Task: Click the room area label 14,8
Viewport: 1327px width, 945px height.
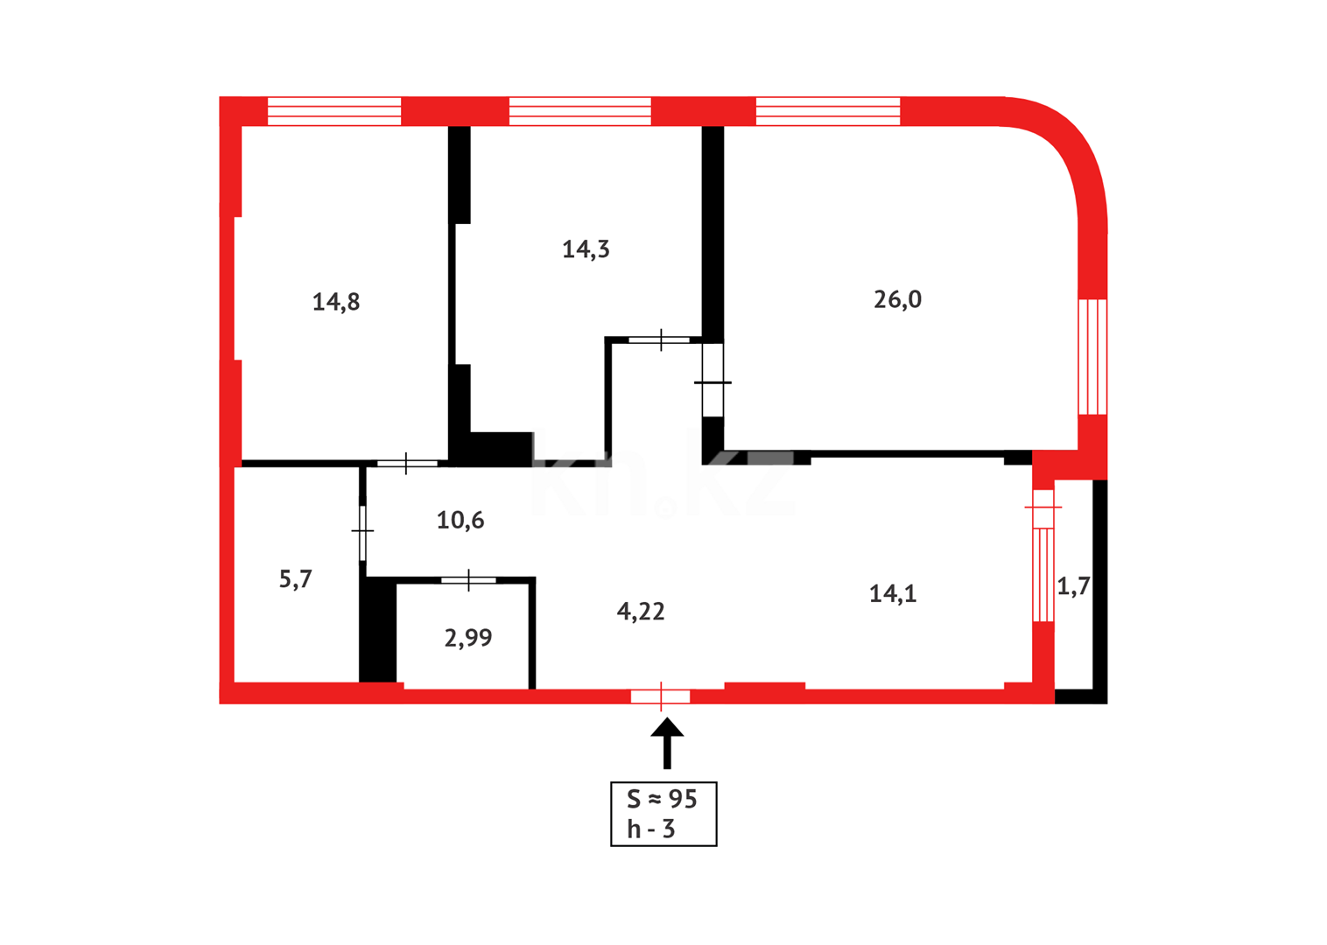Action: click(336, 302)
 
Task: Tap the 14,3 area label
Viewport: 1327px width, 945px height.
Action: click(586, 249)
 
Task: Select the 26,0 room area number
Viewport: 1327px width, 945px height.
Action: click(897, 299)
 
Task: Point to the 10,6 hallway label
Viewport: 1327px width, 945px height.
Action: click(460, 521)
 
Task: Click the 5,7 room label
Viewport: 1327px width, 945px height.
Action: click(296, 579)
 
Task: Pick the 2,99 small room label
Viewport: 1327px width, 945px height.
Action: click(468, 638)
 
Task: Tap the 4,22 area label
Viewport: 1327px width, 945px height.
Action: click(641, 612)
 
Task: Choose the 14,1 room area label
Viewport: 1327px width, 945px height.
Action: click(893, 594)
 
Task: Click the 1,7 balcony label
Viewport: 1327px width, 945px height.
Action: click(1073, 586)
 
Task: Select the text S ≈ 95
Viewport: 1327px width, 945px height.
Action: click(662, 799)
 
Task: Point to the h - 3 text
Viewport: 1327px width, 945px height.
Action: click(651, 829)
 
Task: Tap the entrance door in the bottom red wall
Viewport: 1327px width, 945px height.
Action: click(661, 696)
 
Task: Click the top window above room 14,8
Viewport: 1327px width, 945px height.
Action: click(334, 111)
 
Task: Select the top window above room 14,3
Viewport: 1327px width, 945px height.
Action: click(580, 111)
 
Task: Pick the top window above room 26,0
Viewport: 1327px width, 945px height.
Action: click(828, 111)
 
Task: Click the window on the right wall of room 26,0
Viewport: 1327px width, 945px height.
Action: click(1092, 356)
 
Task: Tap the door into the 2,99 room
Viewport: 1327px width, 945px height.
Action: click(468, 580)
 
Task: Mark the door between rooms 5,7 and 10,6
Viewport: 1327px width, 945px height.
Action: click(362, 531)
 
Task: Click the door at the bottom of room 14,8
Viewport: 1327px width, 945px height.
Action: click(407, 463)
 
